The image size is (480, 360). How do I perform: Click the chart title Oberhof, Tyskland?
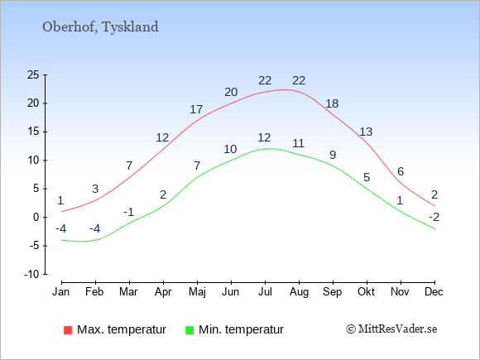click(x=100, y=26)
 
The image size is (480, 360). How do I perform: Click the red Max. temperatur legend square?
click(x=68, y=330)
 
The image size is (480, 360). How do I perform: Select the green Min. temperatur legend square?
click(x=190, y=330)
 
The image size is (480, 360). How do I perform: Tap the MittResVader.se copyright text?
click(x=391, y=329)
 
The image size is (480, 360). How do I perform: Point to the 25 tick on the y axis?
click(x=33, y=74)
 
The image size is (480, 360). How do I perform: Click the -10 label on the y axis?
click(x=31, y=274)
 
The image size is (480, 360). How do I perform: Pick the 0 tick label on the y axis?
click(x=36, y=218)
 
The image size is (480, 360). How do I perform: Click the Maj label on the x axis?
click(x=197, y=292)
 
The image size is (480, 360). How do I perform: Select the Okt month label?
click(x=366, y=292)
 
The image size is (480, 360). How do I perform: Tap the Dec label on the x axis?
click(x=434, y=292)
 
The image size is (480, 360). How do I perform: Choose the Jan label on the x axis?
click(x=61, y=292)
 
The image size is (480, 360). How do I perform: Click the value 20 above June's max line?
click(x=231, y=92)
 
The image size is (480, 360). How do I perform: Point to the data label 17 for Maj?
click(x=196, y=109)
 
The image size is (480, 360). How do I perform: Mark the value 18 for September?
click(x=332, y=103)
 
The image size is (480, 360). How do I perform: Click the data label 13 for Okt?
click(x=366, y=132)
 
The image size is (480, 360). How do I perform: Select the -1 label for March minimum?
click(x=129, y=212)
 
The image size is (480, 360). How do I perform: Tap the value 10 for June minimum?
click(x=230, y=149)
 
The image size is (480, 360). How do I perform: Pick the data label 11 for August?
click(x=298, y=143)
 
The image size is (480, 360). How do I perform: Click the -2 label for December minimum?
click(x=434, y=218)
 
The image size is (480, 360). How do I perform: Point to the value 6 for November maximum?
click(x=401, y=171)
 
